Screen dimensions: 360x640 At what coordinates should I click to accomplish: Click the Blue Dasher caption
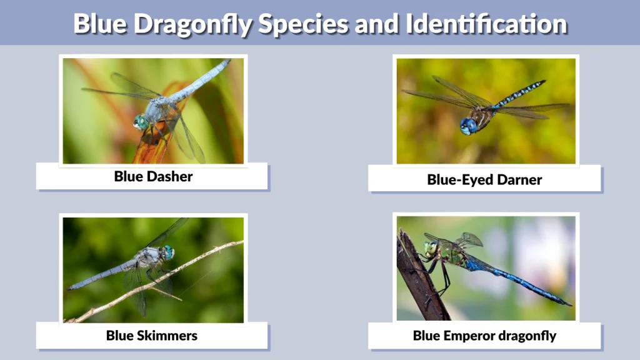(153, 176)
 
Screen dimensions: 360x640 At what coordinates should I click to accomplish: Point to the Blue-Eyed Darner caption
(484, 180)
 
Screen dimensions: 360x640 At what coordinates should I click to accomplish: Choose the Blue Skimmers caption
(152, 336)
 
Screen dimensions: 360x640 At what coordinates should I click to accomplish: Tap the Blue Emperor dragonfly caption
(484, 336)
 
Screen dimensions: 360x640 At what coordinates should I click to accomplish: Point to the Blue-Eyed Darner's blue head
(468, 126)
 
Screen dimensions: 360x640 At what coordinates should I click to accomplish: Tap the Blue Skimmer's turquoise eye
(167, 252)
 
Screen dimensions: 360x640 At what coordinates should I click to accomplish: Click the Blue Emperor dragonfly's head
(431, 249)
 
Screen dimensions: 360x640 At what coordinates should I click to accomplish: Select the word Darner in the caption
(519, 180)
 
